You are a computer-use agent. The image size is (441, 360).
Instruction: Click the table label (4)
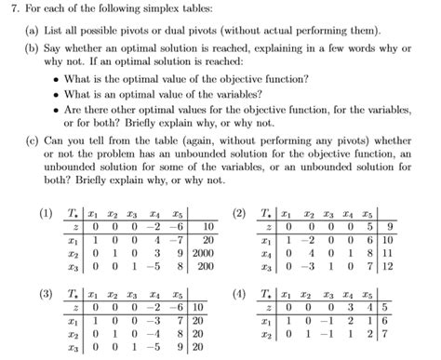click(240, 292)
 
